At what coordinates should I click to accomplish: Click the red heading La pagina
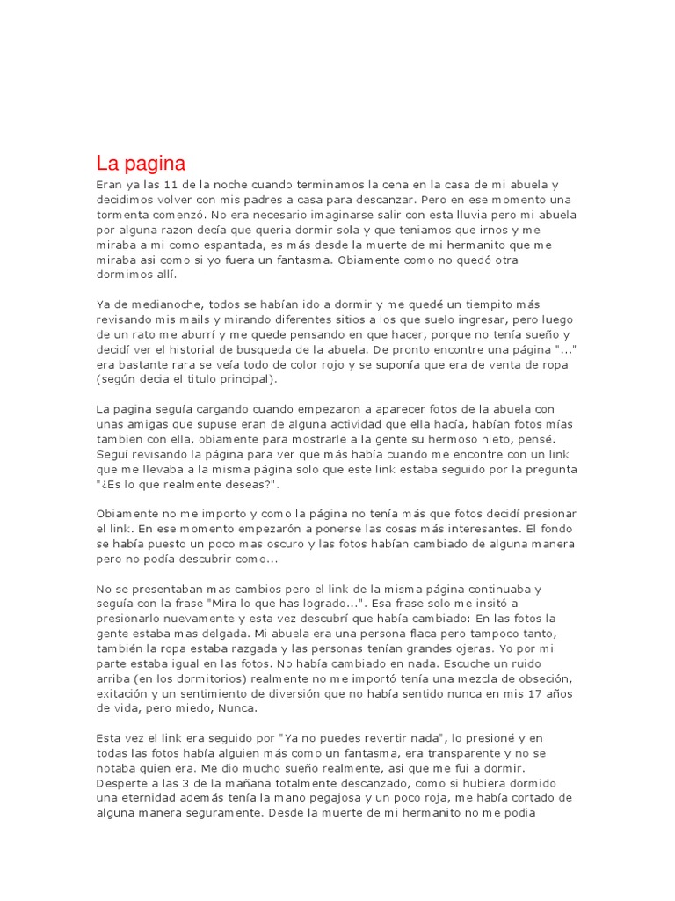pyautogui.click(x=141, y=163)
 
